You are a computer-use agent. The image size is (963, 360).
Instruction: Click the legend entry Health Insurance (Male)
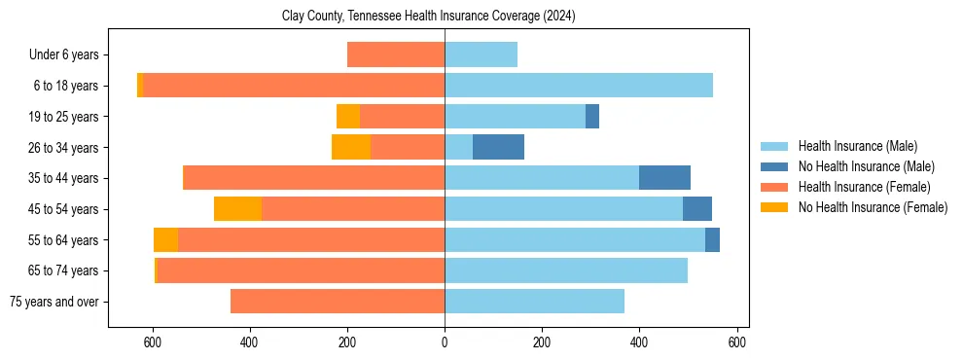[x=857, y=146]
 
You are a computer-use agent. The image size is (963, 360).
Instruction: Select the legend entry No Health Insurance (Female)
[x=873, y=207]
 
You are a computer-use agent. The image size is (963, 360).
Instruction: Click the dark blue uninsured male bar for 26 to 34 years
[x=498, y=147]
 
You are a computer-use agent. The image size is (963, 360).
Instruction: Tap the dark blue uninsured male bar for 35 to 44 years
[x=664, y=178]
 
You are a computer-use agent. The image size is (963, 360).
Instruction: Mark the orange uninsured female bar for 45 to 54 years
[x=237, y=209]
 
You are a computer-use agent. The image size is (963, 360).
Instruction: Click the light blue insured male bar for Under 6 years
[x=481, y=54]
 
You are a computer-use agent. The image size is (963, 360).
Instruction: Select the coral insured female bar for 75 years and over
[x=338, y=302]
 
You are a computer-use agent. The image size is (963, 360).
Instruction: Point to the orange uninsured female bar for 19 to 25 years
[x=347, y=117]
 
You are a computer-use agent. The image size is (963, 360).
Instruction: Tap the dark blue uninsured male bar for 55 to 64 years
[x=712, y=239]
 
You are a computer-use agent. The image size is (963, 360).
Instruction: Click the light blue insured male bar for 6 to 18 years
[x=579, y=86]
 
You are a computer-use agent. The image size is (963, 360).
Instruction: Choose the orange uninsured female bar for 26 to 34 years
[x=350, y=147]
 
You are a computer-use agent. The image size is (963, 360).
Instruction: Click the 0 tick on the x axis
[x=445, y=342]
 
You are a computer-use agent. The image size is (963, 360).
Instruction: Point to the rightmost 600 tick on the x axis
[x=736, y=342]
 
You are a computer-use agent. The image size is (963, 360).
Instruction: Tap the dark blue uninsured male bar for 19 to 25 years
[x=592, y=117]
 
